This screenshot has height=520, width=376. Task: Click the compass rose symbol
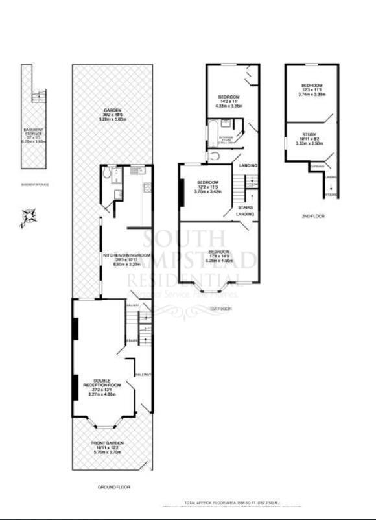(27, 217)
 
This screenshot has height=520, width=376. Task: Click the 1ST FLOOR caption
(221, 309)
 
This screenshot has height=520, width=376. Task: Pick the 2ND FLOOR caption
(314, 215)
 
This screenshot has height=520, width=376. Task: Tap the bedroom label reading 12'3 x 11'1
(311, 90)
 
